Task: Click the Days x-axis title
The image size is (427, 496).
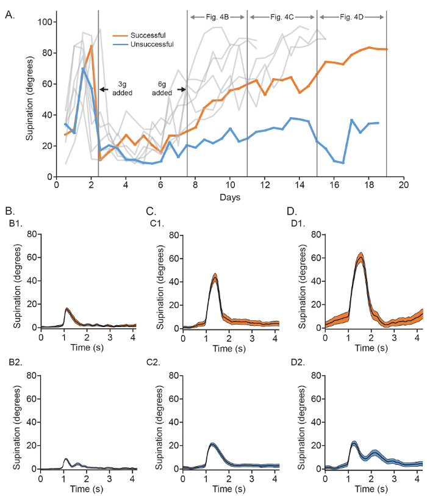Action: (x=231, y=198)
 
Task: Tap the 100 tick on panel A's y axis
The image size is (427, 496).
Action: (x=45, y=22)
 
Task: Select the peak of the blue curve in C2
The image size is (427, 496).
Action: (x=212, y=444)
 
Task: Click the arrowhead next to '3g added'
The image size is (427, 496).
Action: (x=102, y=90)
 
